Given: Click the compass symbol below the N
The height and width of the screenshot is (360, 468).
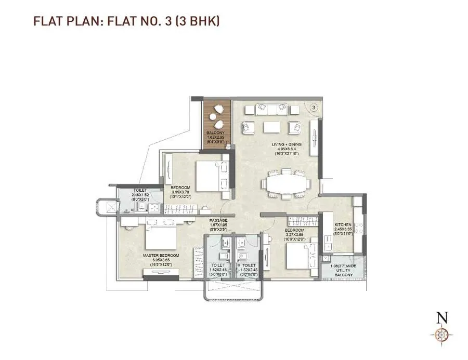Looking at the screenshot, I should [441, 335].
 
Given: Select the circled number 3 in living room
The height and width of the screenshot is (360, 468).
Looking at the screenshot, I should [314, 108].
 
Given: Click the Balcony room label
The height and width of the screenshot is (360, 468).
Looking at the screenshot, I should [216, 133].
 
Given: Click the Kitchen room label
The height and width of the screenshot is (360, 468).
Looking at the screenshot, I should [343, 224].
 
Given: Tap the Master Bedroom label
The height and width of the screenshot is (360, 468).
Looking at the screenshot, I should [161, 256].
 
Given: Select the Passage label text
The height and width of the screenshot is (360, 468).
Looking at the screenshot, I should [219, 220].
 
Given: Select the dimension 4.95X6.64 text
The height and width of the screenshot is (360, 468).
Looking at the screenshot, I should [288, 149].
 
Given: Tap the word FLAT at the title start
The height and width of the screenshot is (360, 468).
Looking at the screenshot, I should [46, 21].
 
